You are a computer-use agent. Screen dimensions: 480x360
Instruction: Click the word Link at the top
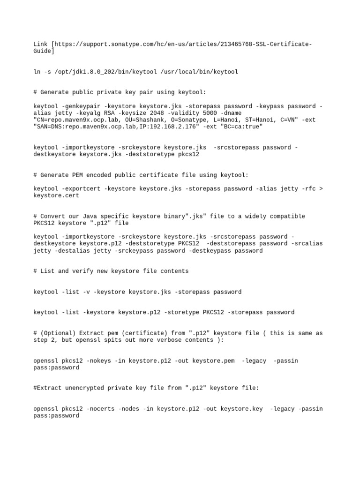tap(41, 44)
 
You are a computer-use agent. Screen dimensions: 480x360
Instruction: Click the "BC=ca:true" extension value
tap(240, 127)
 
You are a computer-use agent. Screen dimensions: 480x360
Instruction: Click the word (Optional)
tap(58, 333)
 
